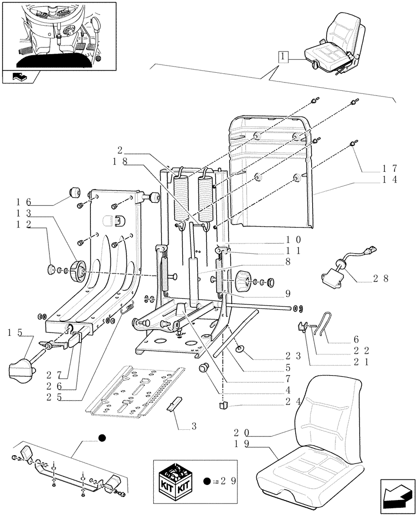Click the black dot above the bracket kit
coord(102,438)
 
